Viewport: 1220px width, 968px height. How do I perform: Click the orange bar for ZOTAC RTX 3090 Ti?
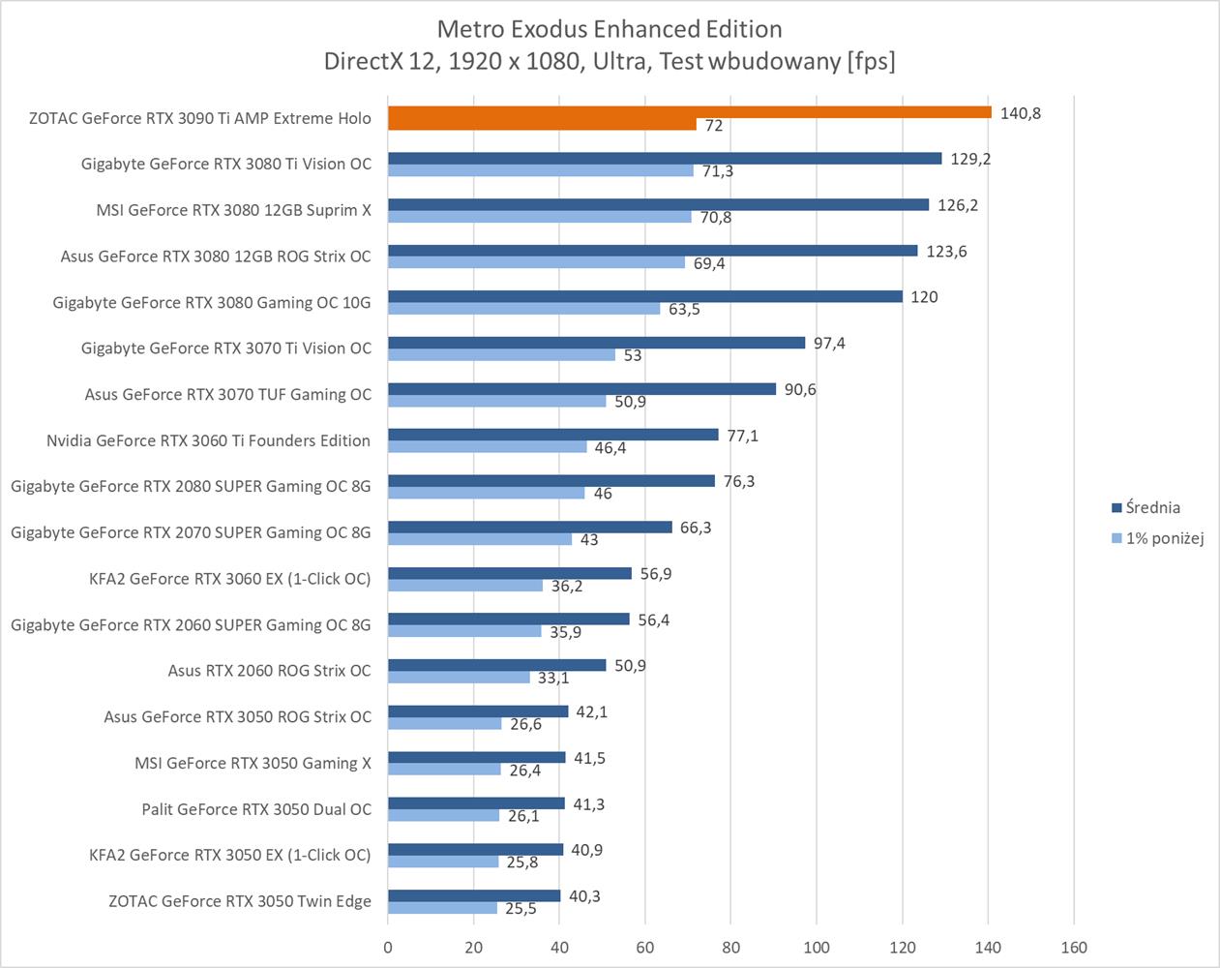tap(689, 112)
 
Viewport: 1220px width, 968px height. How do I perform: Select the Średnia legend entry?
tap(1152, 507)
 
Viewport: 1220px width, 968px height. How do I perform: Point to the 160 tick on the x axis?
tap(1073, 948)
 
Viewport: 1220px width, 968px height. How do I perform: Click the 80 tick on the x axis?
tap(730, 948)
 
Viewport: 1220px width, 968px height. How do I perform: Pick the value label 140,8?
tap(1020, 113)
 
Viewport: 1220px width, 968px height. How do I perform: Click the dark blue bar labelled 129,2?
tap(665, 159)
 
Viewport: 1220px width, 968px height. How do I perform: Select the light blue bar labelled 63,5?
tap(523, 309)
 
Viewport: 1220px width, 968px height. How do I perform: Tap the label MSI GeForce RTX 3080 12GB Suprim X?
tap(233, 209)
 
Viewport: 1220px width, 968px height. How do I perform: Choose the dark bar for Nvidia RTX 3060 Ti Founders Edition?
tap(552, 435)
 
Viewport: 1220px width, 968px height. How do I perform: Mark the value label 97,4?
tap(829, 344)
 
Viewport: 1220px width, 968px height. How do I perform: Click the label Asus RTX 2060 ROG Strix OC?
tap(269, 671)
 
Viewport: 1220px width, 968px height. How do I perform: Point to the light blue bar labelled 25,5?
tap(442, 908)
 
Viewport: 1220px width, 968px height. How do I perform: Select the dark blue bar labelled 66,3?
tap(529, 528)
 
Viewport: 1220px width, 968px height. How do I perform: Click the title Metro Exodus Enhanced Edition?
tap(610, 29)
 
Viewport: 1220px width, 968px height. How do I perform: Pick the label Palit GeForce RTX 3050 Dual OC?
tap(256, 809)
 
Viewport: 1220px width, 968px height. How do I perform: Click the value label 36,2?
tap(567, 587)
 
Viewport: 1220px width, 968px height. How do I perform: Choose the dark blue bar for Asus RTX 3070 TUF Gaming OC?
tap(581, 389)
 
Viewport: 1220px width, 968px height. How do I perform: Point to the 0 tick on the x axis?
tap(388, 948)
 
